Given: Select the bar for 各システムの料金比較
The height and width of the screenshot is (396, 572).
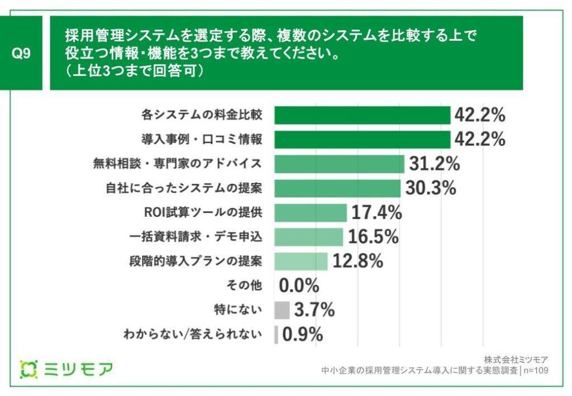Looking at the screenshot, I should pos(363,115).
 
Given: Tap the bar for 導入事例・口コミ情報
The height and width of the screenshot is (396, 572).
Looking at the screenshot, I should pos(363,139).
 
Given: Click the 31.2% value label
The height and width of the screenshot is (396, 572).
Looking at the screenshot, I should pos(434,164).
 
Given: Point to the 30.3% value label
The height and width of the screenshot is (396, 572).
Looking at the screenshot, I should pos(431,188).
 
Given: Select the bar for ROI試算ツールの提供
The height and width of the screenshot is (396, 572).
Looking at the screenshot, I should pos(311,212).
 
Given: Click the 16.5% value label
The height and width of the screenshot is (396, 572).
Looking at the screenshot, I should pos(373,237).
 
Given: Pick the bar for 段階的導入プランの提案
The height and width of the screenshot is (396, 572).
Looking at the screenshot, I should pos(302,261).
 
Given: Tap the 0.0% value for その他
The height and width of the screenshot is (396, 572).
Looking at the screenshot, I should pos(299,285).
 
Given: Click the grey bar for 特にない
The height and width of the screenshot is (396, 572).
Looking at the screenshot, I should pos(282,310).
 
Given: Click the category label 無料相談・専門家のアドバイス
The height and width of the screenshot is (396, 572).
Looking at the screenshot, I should pos(177,164).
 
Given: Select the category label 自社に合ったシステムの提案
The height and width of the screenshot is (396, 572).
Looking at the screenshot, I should pos(184,188).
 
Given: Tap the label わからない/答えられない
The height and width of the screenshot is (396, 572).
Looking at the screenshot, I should pos(193,335).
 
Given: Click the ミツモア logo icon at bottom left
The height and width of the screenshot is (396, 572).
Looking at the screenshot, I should pos(28,369).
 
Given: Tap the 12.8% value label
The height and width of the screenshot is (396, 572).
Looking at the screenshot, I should pos(358,261).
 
